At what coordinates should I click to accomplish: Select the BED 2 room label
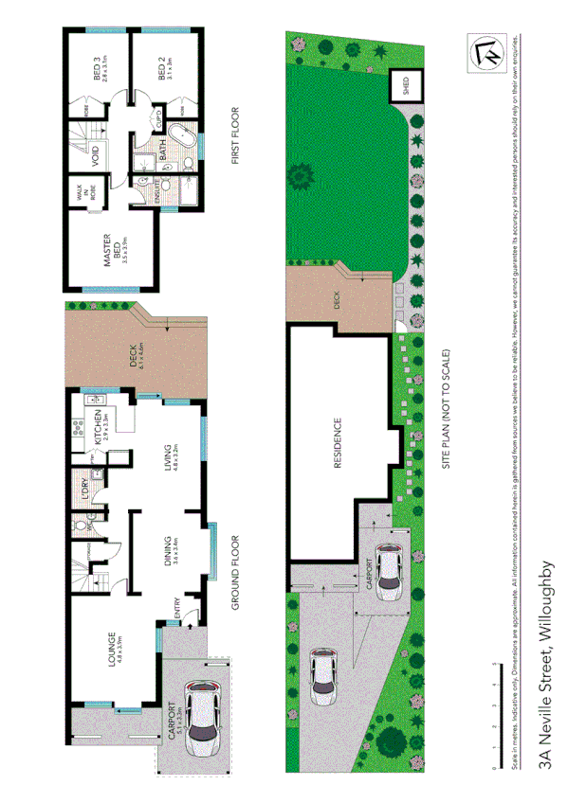[164, 71]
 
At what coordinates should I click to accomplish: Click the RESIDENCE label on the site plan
[338, 445]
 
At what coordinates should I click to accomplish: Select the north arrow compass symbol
[484, 52]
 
